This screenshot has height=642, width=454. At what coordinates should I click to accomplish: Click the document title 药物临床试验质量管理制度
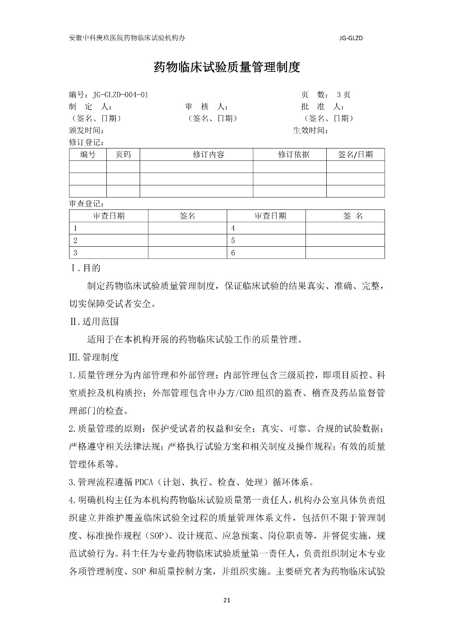[x=227, y=67]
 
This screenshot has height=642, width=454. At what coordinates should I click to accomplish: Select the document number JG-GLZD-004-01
[x=120, y=95]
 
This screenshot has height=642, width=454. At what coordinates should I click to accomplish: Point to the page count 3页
[x=343, y=95]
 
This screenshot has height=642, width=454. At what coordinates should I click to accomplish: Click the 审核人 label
[x=206, y=107]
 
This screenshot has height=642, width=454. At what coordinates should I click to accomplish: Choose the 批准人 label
[x=322, y=107]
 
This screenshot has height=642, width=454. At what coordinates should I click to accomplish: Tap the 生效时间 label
[x=310, y=130]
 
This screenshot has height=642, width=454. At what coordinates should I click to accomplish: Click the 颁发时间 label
[x=87, y=130]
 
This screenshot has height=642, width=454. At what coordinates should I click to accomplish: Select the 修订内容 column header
[x=208, y=154]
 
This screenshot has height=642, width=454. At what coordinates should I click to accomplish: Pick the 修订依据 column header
[x=293, y=154]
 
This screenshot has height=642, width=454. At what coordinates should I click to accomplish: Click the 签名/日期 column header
[x=355, y=154]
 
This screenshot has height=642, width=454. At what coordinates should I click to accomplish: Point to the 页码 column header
[x=123, y=154]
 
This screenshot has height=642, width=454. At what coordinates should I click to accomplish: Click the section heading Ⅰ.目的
[x=85, y=268]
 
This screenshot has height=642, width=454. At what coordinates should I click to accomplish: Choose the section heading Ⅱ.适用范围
[x=94, y=321]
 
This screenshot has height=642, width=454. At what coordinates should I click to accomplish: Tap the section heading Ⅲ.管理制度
[x=94, y=357]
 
